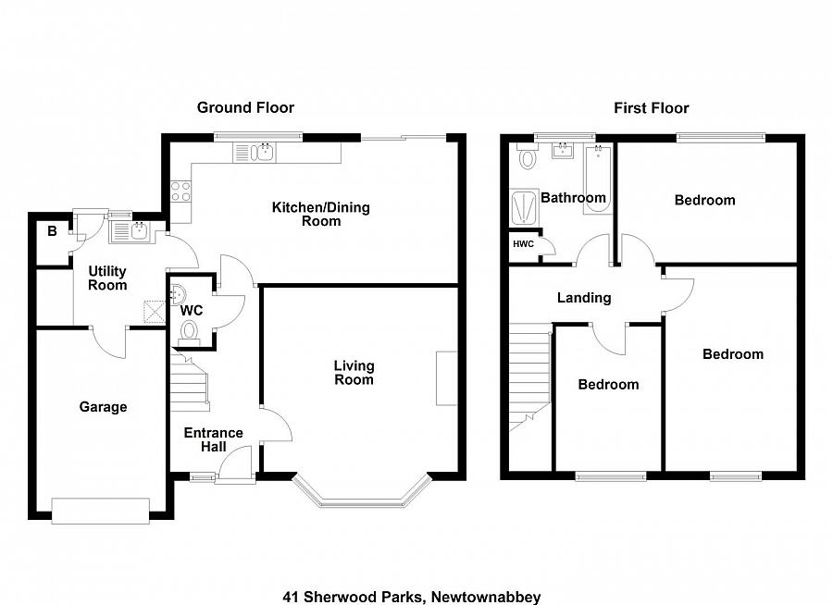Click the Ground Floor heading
245,107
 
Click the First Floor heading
651,108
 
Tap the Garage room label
103,407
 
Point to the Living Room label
354,373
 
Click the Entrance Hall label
213,439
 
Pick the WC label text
192,310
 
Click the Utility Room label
107,278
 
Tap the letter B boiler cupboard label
50,231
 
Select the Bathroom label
573,197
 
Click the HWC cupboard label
523,244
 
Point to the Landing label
583,298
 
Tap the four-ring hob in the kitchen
180,191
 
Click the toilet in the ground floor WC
190,331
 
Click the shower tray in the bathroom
525,207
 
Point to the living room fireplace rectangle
446,377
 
